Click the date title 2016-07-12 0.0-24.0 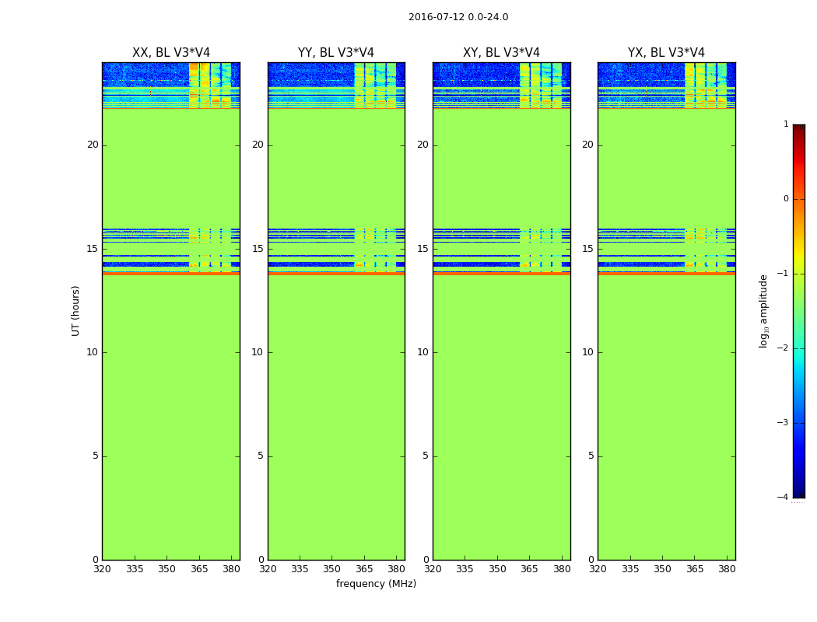point(458,17)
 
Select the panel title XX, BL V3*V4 point(171,53)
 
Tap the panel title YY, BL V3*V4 point(336,53)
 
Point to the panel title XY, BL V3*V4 point(501,53)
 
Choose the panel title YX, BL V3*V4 point(666,53)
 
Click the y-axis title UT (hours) point(75,310)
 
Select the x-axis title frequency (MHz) point(376,584)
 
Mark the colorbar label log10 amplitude point(764,310)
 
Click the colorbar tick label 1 point(785,124)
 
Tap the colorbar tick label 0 point(785,199)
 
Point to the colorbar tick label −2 point(783,348)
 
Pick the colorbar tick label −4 point(783,498)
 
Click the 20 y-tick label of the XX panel point(93,145)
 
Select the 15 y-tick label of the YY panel point(258,249)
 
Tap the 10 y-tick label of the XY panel point(423,352)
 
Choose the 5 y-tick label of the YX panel point(591,456)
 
